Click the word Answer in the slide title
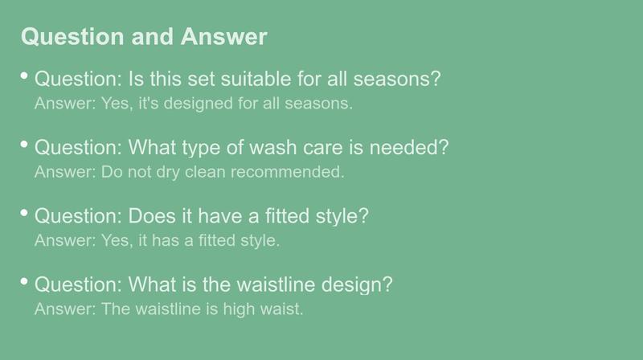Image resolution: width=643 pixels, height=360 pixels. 224,36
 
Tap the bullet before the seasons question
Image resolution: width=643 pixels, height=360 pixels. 24,76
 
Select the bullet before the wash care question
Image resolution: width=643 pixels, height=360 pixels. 24,145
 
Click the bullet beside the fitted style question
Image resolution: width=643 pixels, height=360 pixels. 24,213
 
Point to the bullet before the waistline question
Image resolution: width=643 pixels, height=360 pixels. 24,281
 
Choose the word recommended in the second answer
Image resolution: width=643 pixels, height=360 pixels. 288,172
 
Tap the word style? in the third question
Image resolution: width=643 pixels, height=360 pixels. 342,216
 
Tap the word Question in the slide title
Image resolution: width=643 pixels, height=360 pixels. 72,37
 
